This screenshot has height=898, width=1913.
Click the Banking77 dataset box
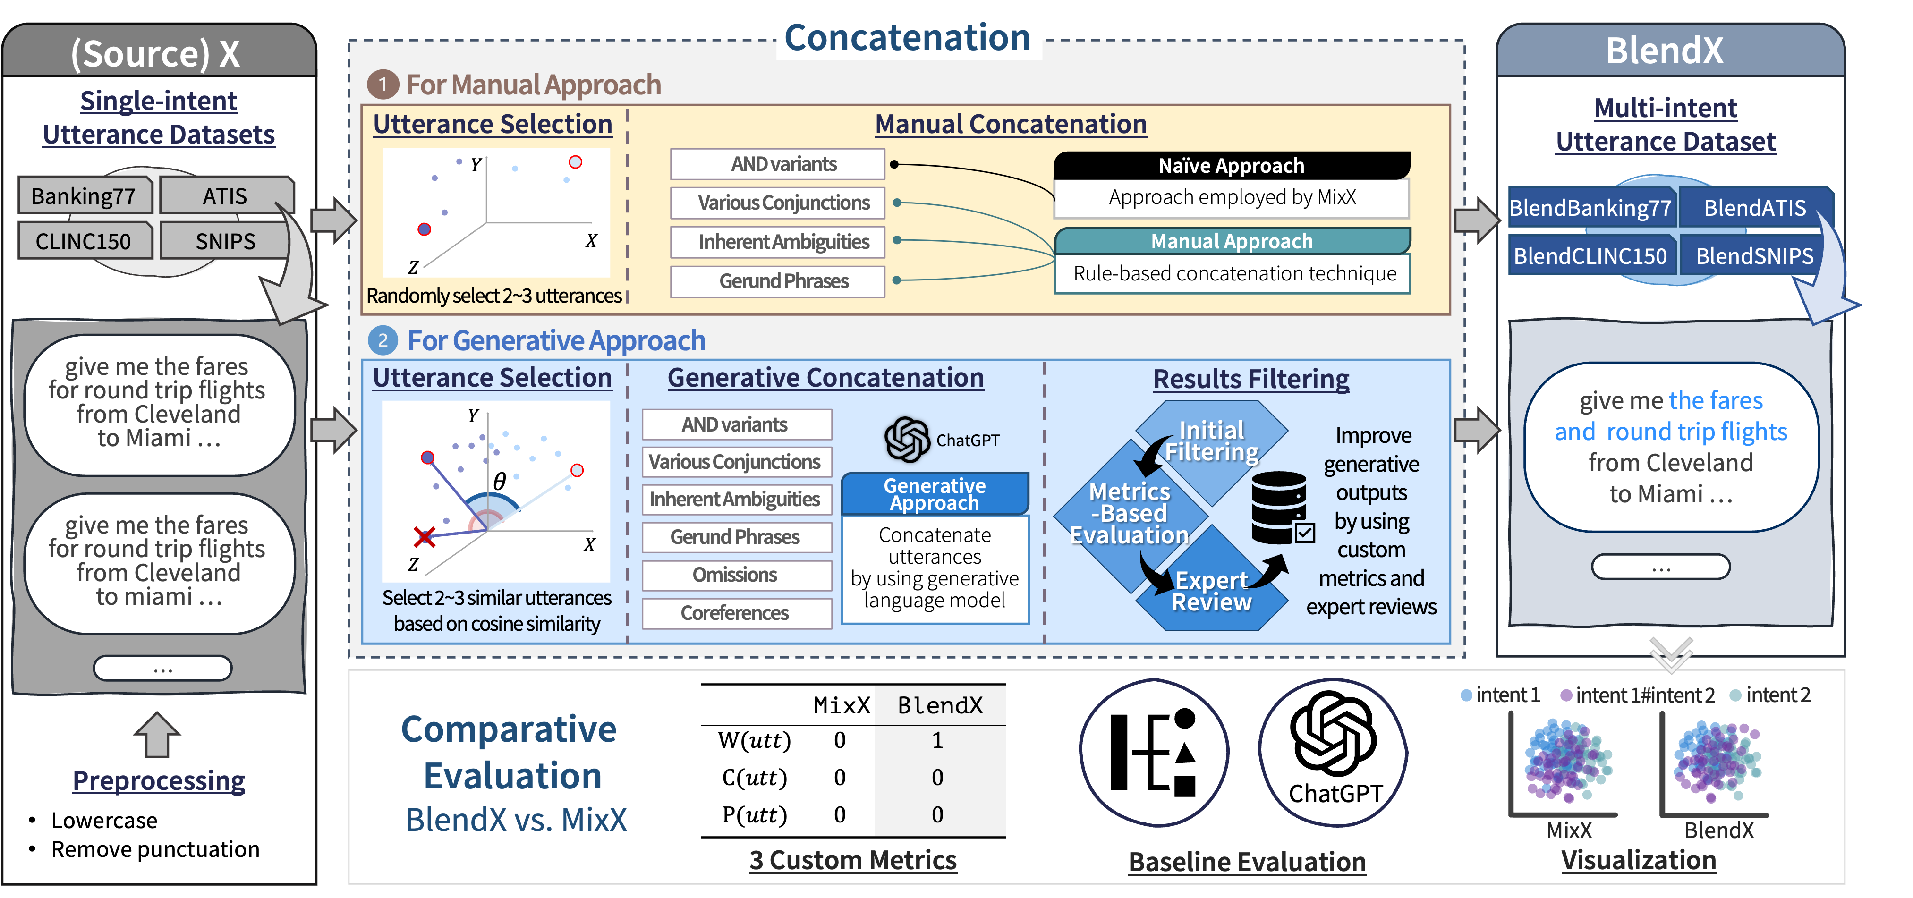[84, 196]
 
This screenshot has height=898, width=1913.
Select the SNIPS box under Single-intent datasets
[225, 241]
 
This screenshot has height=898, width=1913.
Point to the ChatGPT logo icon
[907, 439]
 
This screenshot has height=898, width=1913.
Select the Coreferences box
[735, 613]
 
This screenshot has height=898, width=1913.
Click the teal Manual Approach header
[1231, 241]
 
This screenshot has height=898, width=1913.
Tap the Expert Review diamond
[1212, 591]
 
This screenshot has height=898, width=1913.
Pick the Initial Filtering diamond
[1212, 441]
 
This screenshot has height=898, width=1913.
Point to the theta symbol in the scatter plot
[500, 481]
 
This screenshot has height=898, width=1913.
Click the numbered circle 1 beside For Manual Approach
[383, 85]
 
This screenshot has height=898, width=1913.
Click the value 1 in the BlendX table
[938, 740]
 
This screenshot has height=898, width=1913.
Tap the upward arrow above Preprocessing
[157, 735]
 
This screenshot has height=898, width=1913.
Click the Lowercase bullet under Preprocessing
[104, 821]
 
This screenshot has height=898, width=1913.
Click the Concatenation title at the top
[908, 37]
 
